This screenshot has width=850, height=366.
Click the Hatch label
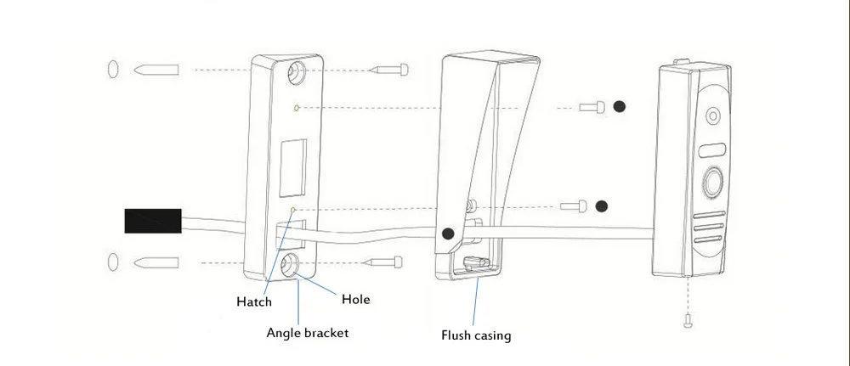click(253, 301)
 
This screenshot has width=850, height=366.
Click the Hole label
click(355, 299)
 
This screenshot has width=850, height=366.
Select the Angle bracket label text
click(308, 333)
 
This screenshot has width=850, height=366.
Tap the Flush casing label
click(476, 335)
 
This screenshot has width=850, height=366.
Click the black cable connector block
click(153, 221)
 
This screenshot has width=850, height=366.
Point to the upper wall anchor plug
click(156, 70)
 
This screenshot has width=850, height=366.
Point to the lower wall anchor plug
click(156, 262)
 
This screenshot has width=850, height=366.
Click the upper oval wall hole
click(113, 70)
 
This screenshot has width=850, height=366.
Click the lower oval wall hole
click(113, 262)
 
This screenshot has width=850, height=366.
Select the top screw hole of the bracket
click(297, 71)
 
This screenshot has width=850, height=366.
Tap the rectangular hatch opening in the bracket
click(292, 168)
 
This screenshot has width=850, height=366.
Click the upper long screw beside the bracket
click(388, 70)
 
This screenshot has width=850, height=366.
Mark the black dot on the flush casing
click(448, 234)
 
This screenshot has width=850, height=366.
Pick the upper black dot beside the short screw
click(619, 107)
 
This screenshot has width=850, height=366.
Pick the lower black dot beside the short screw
click(601, 206)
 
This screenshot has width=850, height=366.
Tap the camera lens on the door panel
click(713, 115)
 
